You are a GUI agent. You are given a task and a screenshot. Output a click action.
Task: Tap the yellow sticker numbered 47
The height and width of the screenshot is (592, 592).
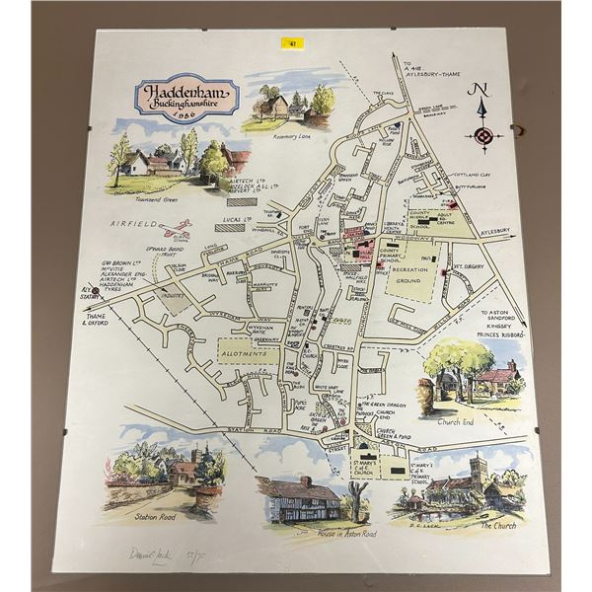point(293,42)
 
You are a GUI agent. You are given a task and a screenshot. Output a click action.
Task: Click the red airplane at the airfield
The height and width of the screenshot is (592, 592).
point(178,235)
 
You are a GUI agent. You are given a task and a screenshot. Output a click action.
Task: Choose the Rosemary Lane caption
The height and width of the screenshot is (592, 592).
point(289,137)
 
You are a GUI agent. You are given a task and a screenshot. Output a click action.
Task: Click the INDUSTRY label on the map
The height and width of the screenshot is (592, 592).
point(175,296)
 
